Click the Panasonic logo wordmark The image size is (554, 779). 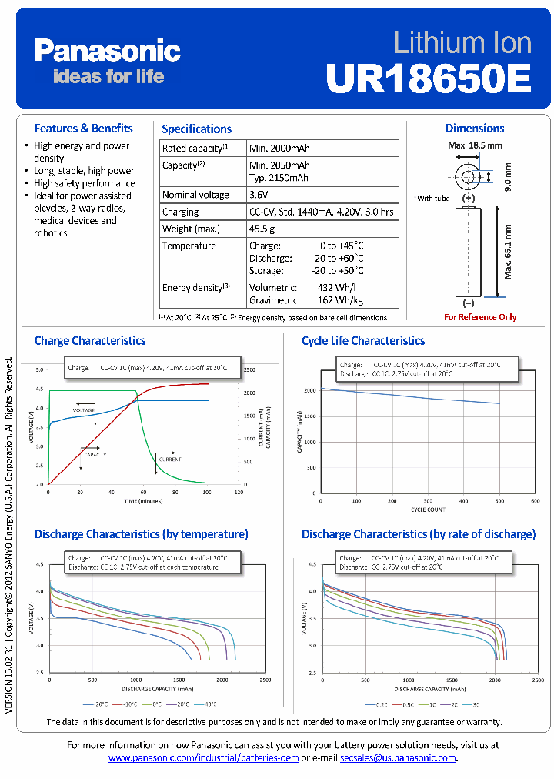107,51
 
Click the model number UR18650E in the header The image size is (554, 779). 429,77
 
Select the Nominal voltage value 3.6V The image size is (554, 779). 261,195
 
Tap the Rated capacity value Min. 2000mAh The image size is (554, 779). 279,148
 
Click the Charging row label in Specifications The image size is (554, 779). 180,212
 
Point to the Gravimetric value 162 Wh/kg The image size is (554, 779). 340,300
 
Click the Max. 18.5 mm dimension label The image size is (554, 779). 475,145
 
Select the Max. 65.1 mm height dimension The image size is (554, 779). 509,252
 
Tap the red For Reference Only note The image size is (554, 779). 480,317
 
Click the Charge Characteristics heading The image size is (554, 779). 90,340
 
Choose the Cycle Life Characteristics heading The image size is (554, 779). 363,340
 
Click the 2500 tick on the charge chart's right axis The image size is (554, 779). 250,370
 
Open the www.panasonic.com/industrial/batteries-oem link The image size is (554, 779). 203,758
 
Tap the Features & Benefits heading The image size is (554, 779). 84,129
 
